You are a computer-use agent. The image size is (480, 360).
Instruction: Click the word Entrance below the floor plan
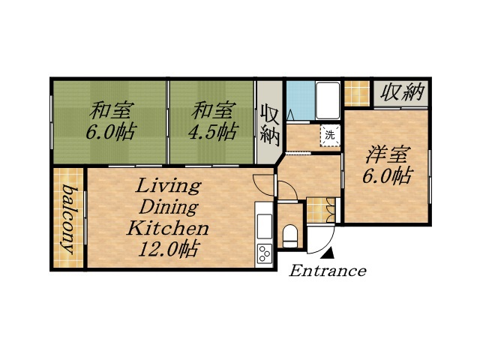tap(328, 271)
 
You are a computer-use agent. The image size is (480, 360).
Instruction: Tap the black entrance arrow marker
tap(327, 256)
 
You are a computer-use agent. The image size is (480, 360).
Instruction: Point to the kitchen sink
tap(265, 224)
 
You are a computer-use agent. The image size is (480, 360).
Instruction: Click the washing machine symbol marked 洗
tap(329, 136)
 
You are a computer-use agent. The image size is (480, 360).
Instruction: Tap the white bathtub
tap(328, 100)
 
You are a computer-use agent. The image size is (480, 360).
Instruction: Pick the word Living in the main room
tap(168, 185)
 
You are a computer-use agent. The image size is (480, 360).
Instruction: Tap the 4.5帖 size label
tap(214, 133)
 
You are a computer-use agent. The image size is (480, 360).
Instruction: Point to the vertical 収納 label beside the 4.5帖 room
tap(269, 124)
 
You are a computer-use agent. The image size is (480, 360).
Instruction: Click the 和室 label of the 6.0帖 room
tap(109, 111)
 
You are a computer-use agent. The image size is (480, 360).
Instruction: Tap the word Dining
tap(168, 206)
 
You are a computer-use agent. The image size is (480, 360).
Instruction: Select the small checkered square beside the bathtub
tap(355, 90)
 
